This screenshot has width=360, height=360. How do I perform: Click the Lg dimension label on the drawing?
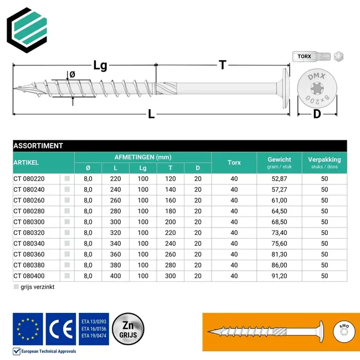100,65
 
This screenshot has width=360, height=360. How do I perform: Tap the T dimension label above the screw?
222,65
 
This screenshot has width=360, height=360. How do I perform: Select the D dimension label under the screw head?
317,115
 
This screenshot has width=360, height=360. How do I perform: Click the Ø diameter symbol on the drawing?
71,75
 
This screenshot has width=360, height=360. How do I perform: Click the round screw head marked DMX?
317,89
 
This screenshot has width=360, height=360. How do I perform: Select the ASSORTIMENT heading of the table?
38,146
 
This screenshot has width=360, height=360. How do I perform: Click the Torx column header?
234,163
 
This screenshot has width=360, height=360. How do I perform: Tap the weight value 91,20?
279,276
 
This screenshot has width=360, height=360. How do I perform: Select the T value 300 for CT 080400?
171,276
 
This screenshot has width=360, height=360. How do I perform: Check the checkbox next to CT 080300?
67,222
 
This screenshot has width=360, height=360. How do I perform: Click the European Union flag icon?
28,327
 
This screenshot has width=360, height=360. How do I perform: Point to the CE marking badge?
61,327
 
